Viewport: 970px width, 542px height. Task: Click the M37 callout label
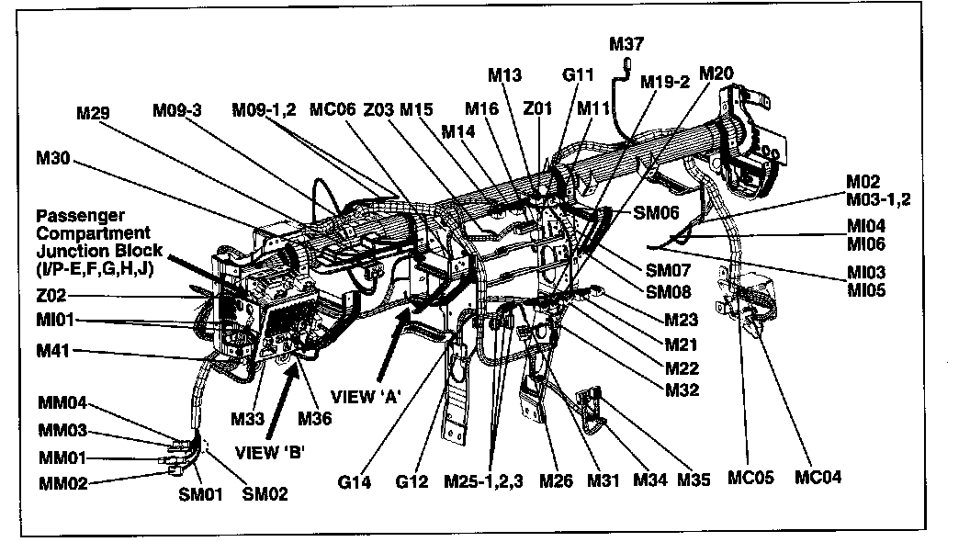click(x=627, y=43)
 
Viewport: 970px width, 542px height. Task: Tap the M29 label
click(x=95, y=113)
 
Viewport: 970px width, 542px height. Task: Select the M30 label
click(x=52, y=158)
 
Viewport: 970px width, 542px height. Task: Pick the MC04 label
click(x=818, y=478)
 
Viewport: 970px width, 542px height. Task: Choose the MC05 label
click(x=751, y=478)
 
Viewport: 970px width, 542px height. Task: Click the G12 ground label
click(x=412, y=480)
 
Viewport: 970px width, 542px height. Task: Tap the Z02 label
click(x=52, y=297)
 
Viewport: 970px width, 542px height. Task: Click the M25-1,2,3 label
click(x=483, y=480)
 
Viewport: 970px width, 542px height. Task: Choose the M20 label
click(x=716, y=73)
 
